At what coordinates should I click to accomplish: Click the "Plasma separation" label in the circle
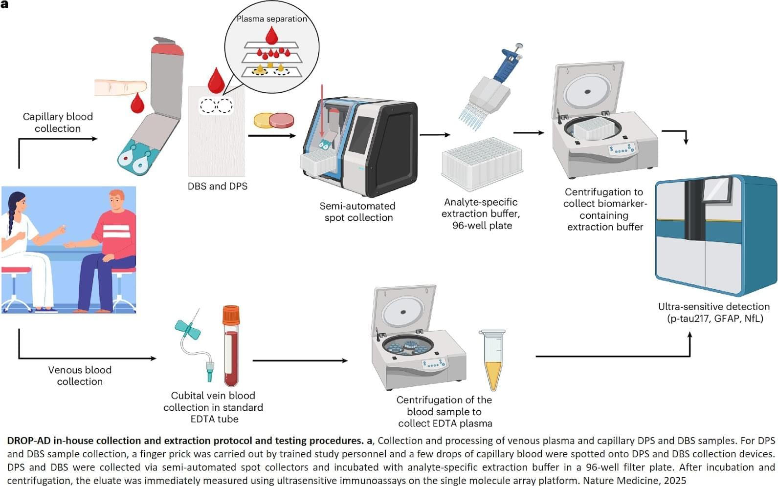[x=271, y=19]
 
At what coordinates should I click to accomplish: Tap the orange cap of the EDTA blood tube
[x=231, y=314]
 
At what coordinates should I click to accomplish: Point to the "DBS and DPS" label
[x=218, y=186]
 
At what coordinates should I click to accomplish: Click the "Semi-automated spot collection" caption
[x=358, y=211]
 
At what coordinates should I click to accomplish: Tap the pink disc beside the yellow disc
[x=281, y=121]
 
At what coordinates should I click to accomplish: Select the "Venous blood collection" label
[x=80, y=376]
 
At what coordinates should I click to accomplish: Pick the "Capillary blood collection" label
[x=58, y=123]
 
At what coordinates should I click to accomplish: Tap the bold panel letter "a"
[x=4, y=4]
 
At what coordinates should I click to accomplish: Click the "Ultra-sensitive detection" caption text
[x=714, y=307]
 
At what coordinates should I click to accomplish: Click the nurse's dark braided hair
[x=14, y=211]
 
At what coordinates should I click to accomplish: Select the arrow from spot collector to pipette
[x=435, y=135]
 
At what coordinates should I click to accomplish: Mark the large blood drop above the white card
[x=216, y=81]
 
